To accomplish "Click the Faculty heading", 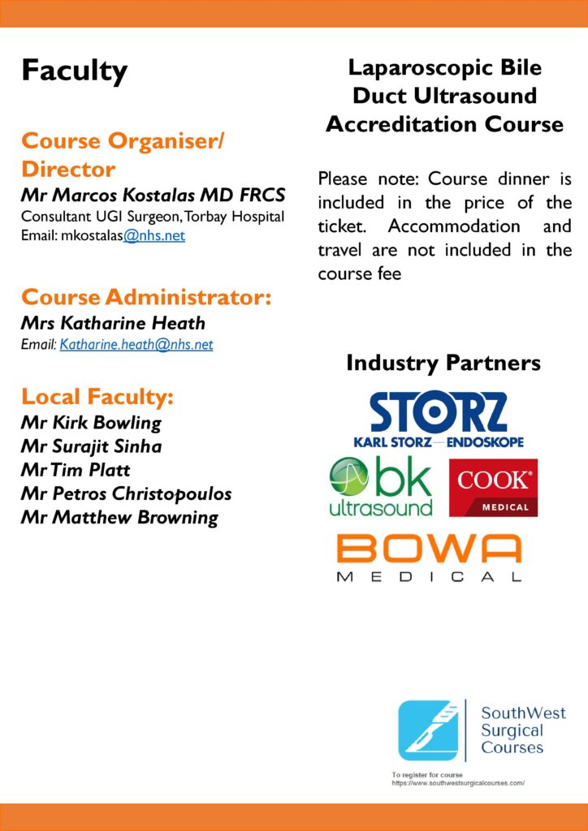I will pos(74,71).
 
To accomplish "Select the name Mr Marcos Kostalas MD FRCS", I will pos(153,196).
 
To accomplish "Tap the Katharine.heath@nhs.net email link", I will pos(136,344).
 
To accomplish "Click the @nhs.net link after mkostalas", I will pos(154,236).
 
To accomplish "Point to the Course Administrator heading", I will pos(146,297).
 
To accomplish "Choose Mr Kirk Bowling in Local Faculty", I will pos(91,423).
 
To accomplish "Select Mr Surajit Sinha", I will pos(91,446).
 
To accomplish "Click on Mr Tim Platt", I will pos(76,470).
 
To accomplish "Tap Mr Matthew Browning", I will pos(119,517).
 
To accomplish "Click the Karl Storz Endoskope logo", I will pos(439,420).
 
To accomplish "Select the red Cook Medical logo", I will pos(493,488).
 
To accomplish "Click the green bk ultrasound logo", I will pos(382,487).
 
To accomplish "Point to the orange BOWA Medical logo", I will pos(429,558).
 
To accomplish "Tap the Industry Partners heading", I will pos(443,363).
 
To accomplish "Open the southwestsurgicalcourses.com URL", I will pos(457,783).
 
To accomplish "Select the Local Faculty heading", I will pos(97,397).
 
